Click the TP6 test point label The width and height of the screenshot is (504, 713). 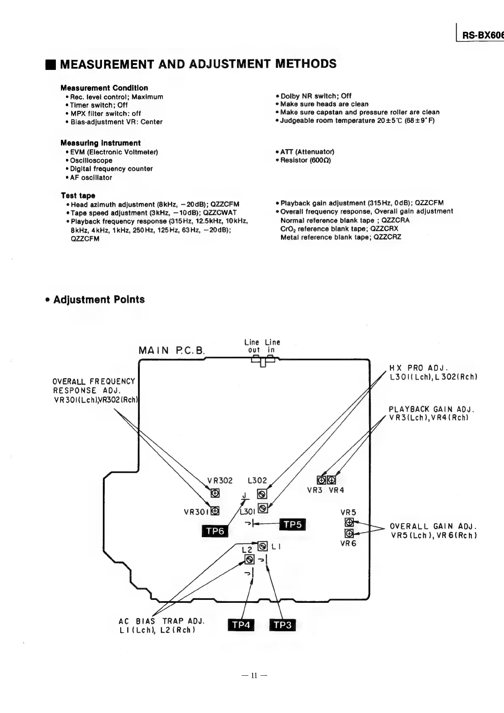coord(215,531)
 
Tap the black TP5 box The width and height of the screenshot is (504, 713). coord(292,524)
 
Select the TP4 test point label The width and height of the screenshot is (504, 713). coord(241,625)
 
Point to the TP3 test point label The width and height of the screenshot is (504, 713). coord(282,625)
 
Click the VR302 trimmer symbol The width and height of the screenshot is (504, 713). coord(215,494)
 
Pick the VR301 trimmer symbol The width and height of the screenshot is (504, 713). coord(215,511)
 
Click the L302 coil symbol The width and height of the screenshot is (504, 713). coord(262,494)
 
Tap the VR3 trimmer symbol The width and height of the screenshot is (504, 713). coord(322,480)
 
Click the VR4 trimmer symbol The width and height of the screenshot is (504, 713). coord(332,480)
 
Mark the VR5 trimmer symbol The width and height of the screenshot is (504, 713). coord(349,522)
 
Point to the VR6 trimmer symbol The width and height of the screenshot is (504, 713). coord(349,533)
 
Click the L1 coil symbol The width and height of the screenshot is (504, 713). coord(262,545)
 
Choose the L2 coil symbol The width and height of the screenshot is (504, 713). coord(250,560)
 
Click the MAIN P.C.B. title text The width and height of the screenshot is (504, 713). coord(172,351)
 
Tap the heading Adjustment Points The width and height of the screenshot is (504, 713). coord(99,300)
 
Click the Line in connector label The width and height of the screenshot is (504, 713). coord(272,346)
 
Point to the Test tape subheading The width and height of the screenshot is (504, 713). coord(78,196)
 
